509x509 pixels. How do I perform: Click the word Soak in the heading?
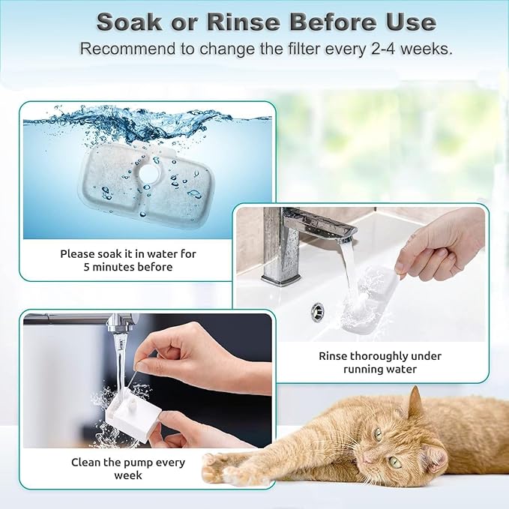128,22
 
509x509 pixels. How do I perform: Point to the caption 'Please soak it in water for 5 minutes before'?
128,260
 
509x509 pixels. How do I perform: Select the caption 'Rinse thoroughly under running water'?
380,362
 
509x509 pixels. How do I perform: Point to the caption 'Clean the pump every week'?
128,469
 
